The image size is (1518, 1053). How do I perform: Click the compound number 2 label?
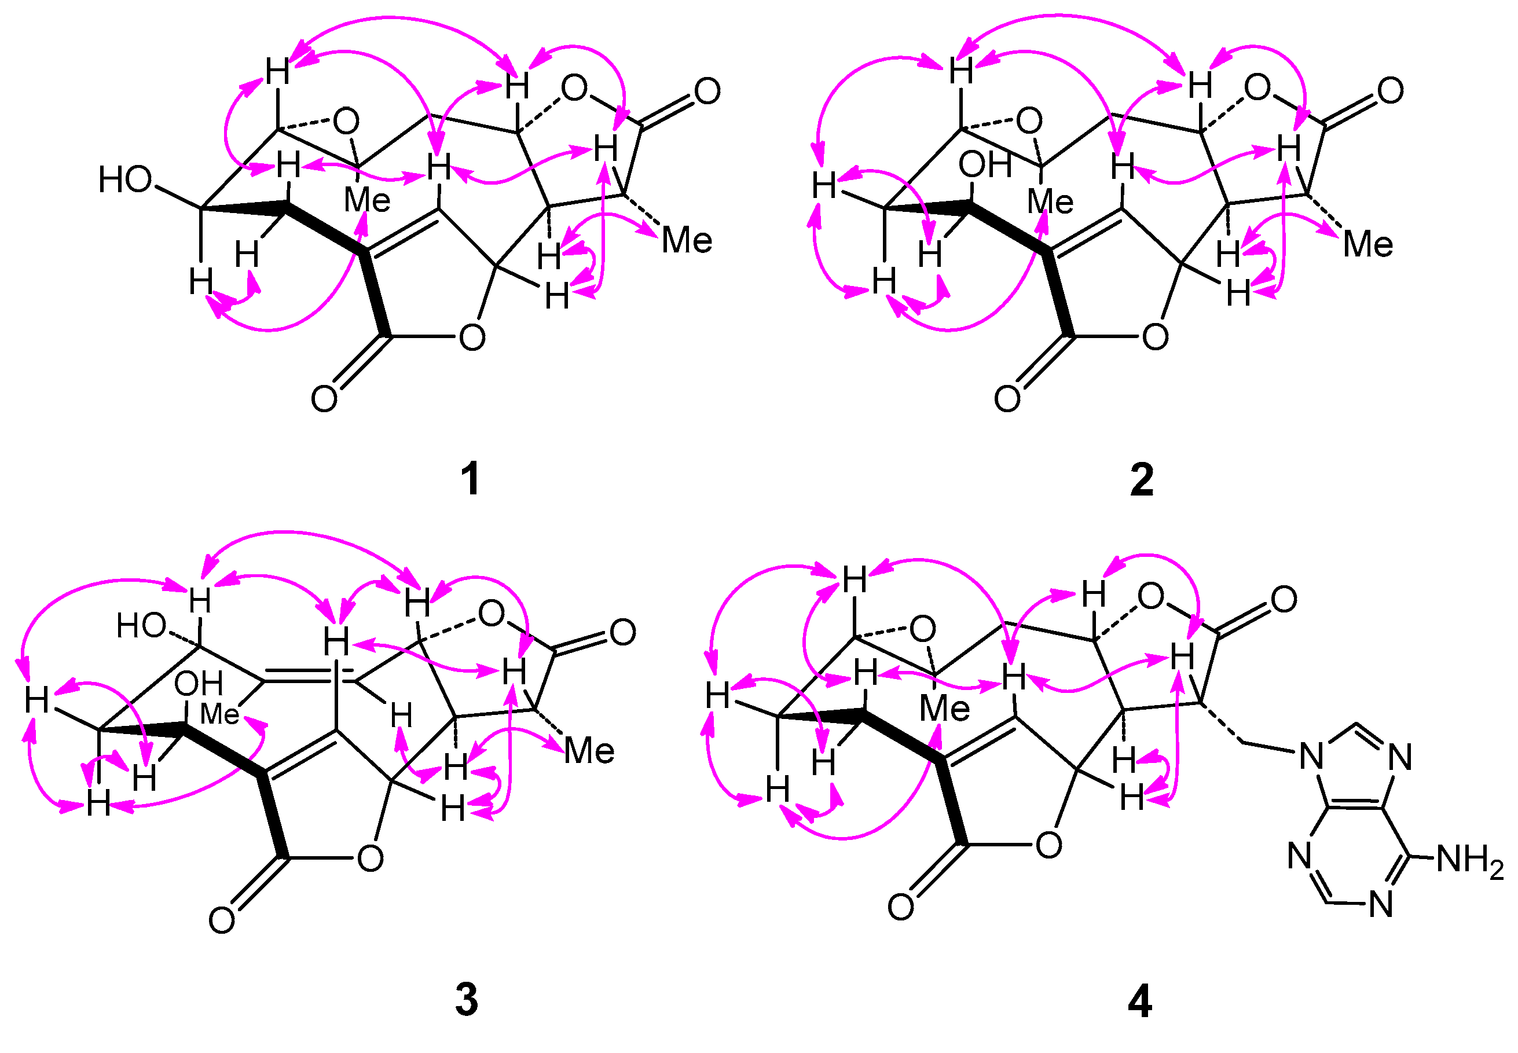coord(1141,480)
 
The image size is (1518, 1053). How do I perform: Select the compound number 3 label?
coord(467,1000)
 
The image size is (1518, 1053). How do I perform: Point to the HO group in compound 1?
coord(126,179)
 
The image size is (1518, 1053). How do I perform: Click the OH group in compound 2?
coord(985,164)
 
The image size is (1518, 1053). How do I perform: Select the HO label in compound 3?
coord(141,625)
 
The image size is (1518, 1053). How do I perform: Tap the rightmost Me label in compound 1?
coord(687,240)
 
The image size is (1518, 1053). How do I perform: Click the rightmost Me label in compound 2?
coord(1368,245)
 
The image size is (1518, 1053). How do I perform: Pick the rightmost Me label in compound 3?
coord(589,751)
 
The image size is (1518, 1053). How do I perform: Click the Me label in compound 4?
coord(945,709)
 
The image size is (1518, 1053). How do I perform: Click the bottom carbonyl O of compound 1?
coord(324,398)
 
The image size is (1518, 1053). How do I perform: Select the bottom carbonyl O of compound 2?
coord(1007,398)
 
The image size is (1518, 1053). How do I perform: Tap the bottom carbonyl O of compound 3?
coord(222,920)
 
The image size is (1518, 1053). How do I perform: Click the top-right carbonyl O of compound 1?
coord(706,91)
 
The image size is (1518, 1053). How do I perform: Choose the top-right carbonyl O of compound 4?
coord(1283,599)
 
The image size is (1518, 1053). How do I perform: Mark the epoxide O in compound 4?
coord(922,629)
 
